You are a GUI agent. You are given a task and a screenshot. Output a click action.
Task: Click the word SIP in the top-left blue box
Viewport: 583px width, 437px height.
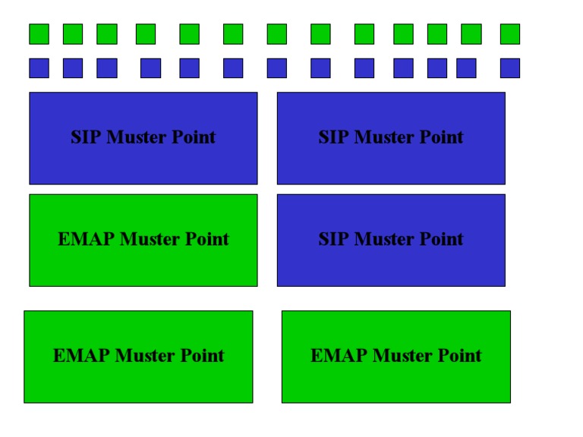(86, 137)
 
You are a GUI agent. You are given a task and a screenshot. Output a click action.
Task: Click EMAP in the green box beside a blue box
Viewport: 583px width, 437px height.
(86, 239)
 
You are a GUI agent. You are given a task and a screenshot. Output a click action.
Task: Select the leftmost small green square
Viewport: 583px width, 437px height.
(39, 34)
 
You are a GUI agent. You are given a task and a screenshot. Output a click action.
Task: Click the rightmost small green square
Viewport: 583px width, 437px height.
(510, 34)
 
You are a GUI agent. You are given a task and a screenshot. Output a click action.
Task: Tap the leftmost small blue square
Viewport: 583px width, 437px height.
(39, 68)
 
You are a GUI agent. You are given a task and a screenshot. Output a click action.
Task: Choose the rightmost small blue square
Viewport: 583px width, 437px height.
(510, 68)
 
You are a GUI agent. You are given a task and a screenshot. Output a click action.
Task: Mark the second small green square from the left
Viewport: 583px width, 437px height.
(73, 34)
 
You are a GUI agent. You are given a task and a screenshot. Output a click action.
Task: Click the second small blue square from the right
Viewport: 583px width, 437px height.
(466, 68)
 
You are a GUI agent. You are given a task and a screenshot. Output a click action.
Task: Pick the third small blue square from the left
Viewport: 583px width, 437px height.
(107, 68)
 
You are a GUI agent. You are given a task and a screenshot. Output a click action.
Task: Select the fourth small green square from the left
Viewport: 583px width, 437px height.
(146, 34)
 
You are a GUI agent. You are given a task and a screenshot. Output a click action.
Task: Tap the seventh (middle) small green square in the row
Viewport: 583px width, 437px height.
(277, 34)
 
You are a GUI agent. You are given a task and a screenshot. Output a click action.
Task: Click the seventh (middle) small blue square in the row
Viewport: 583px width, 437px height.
(277, 68)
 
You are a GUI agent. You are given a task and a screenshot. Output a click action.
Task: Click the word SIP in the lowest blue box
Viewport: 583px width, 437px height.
(333, 239)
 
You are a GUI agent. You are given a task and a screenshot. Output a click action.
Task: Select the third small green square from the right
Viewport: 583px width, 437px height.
(437, 34)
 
